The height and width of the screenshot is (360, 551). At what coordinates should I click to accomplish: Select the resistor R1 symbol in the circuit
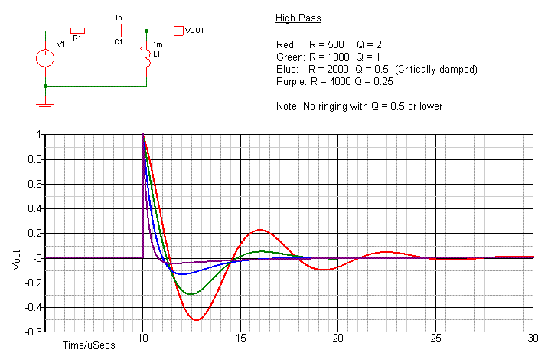tap(77, 31)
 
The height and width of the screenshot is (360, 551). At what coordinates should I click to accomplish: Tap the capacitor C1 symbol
tap(118, 31)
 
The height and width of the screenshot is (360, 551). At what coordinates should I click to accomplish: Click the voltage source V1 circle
tap(45, 57)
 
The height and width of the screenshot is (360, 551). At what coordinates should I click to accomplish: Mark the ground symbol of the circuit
tap(45, 106)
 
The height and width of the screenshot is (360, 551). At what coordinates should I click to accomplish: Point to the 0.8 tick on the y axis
tap(32, 159)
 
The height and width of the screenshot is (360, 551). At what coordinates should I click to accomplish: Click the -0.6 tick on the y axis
tap(30, 332)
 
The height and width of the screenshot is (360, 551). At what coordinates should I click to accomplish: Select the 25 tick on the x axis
tap(435, 338)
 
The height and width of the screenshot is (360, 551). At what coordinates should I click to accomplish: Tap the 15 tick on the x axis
tap(240, 338)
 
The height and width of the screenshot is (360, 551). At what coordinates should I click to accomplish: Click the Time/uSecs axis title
tap(89, 345)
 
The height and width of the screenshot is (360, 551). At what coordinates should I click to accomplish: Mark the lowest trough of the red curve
tap(197, 319)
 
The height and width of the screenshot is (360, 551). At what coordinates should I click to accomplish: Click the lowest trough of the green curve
tap(191, 294)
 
